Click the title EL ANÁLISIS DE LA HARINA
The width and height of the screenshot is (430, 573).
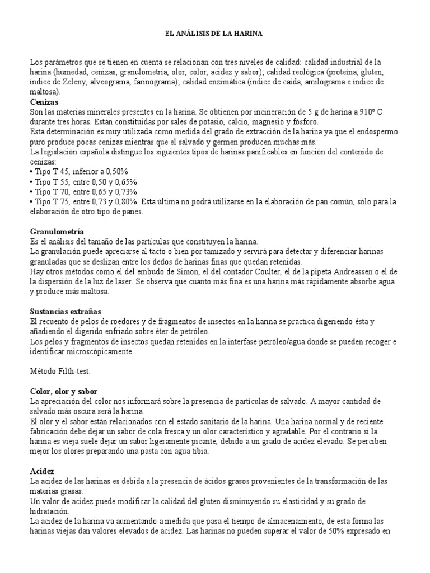pyautogui.click(x=214, y=34)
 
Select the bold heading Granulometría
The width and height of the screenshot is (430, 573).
pyautogui.click(x=57, y=231)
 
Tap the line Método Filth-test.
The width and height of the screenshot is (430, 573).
pyautogui.click(x=59, y=370)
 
